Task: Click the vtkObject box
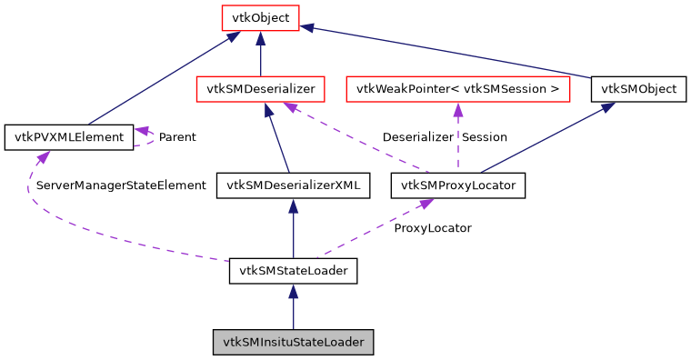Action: click(x=260, y=17)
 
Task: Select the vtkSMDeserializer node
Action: click(x=260, y=89)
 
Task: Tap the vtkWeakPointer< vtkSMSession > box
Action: click(x=457, y=89)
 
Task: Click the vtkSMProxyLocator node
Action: click(x=457, y=185)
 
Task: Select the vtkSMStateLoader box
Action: click(x=293, y=270)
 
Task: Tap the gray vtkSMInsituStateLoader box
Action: click(x=293, y=343)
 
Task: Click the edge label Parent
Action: click(x=177, y=137)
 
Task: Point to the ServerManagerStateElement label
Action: click(x=121, y=185)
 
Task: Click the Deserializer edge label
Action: click(x=417, y=137)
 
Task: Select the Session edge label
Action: click(x=485, y=137)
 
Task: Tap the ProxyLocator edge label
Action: click(x=432, y=228)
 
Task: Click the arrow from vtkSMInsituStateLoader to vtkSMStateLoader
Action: click(x=293, y=309)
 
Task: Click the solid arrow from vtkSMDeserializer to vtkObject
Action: click(x=260, y=55)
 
